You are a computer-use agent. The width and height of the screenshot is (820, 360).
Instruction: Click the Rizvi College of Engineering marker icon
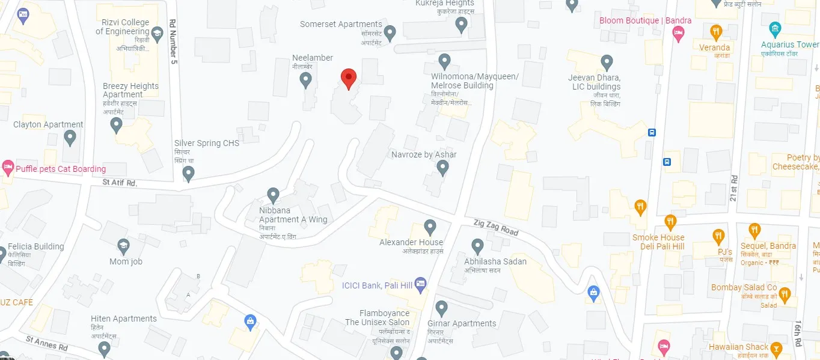[158, 32]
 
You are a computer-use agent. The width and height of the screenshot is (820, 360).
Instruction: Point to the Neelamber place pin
[305, 79]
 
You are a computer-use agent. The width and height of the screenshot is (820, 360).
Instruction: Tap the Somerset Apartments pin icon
[390, 32]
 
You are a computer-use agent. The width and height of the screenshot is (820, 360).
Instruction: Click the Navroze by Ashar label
[424, 154]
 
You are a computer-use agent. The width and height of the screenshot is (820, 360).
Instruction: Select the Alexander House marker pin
[429, 227]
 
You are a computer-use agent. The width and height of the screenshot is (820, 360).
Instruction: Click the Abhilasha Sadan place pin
[477, 246]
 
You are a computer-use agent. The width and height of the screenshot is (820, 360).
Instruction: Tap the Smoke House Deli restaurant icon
[670, 222]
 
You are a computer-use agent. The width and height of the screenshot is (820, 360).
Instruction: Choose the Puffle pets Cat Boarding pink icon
[8, 168]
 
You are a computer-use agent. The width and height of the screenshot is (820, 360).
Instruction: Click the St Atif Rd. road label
[120, 182]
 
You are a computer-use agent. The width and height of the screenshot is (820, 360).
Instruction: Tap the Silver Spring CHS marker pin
[188, 173]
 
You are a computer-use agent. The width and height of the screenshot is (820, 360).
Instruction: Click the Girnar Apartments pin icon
[442, 308]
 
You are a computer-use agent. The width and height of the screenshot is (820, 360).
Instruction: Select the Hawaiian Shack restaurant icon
[776, 348]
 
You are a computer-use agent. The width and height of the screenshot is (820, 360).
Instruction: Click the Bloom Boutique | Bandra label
[645, 20]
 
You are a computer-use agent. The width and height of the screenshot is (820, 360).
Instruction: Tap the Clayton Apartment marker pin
[70, 138]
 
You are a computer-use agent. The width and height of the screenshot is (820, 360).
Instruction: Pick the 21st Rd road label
[733, 188]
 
